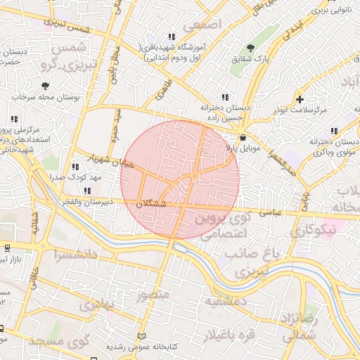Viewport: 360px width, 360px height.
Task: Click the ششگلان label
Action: tap(154, 203)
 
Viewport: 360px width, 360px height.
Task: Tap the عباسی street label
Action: tap(271, 210)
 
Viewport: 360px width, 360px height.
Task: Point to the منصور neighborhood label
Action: tap(153, 294)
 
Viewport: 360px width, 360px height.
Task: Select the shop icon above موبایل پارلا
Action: tap(243, 137)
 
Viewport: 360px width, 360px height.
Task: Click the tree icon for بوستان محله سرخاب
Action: tap(46, 86)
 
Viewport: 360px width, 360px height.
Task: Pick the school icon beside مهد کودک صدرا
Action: tap(75, 167)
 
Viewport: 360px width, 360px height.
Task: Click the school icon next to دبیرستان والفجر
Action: tap(86, 190)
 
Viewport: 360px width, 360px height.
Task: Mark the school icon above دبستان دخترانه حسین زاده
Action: tap(224, 97)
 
